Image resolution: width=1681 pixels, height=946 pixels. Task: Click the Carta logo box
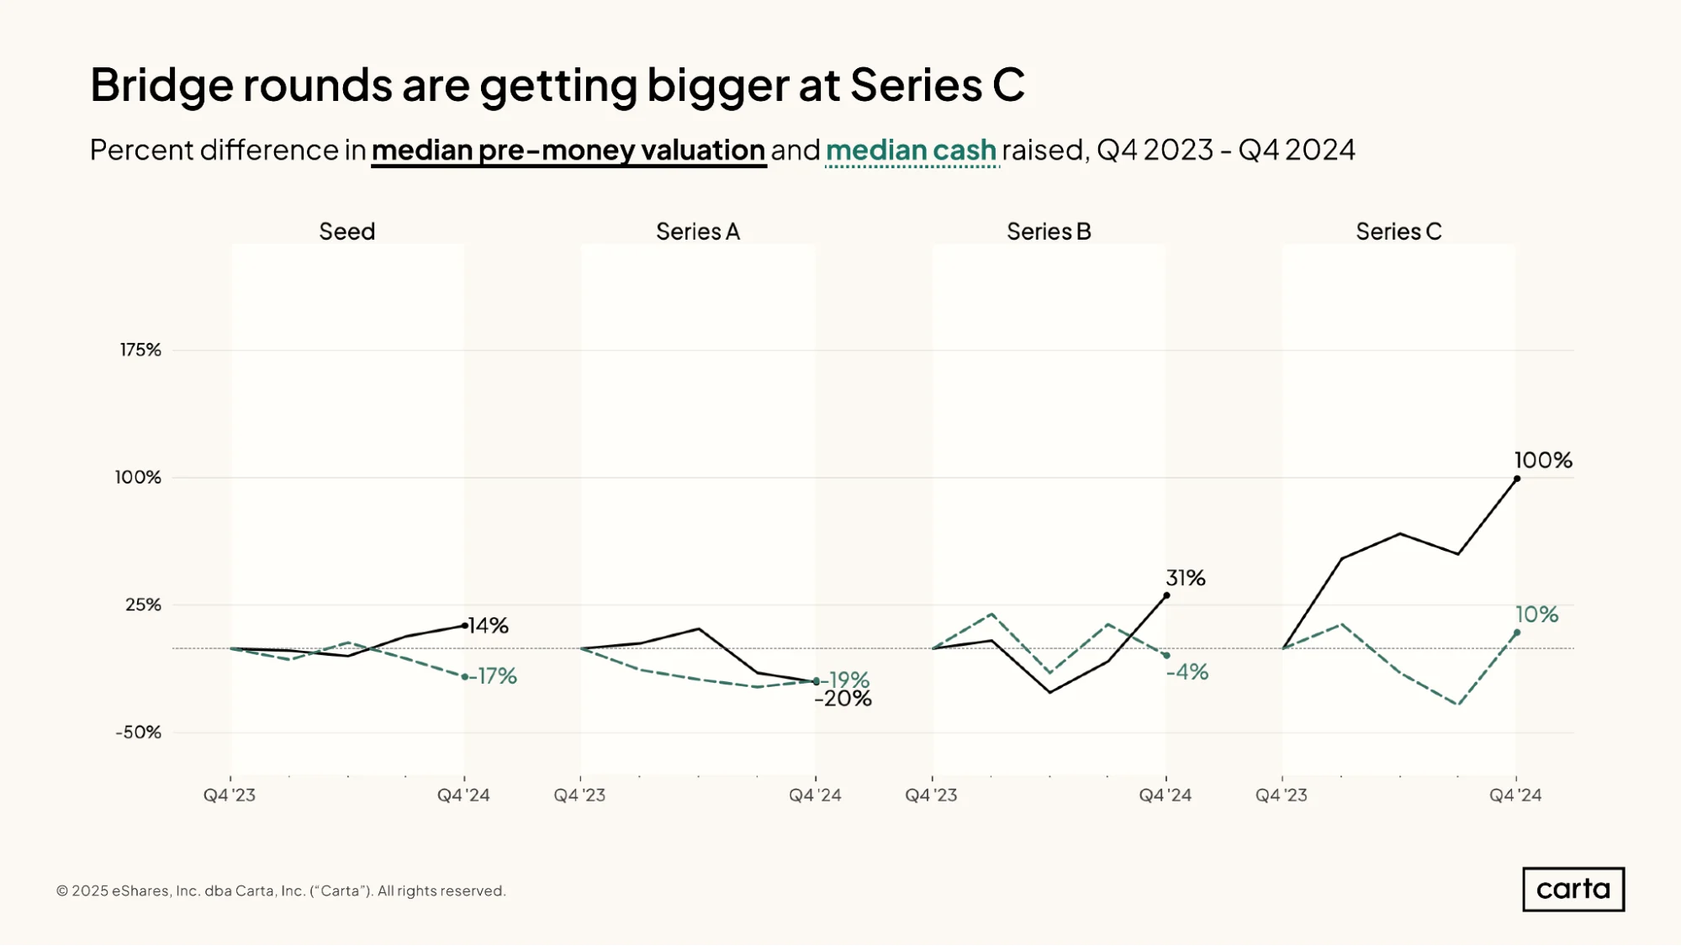pos(1573,889)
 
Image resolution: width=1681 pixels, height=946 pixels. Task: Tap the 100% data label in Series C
pos(1543,460)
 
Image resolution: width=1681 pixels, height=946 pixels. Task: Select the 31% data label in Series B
pos(1185,578)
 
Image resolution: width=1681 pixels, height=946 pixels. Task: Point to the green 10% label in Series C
pos(1536,614)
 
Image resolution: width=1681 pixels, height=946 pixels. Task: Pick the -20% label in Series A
pos(843,699)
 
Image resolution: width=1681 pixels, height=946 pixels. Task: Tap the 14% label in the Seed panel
pos(488,626)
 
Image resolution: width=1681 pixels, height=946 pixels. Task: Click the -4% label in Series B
pos(1187,672)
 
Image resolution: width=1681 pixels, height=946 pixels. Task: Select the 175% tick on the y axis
pos(140,350)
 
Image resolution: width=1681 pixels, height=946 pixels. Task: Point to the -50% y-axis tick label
pos(138,732)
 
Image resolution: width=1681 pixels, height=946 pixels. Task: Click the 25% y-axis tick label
pos(143,605)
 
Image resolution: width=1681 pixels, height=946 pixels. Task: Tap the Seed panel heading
pos(346,231)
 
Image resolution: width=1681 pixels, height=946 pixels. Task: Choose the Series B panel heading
pos(1049,231)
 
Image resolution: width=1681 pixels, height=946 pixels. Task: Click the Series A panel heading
pos(698,231)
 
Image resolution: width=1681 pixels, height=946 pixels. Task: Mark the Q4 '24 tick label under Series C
pos(1515,795)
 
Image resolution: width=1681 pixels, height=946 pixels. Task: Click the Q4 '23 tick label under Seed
pos(230,795)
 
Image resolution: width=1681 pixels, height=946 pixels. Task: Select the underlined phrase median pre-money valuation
pos(568,151)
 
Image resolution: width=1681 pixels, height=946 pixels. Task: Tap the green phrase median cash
pos(912,151)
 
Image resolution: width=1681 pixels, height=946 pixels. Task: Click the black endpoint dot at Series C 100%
pos(1517,478)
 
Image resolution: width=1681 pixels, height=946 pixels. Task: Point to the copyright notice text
pos(281,891)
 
